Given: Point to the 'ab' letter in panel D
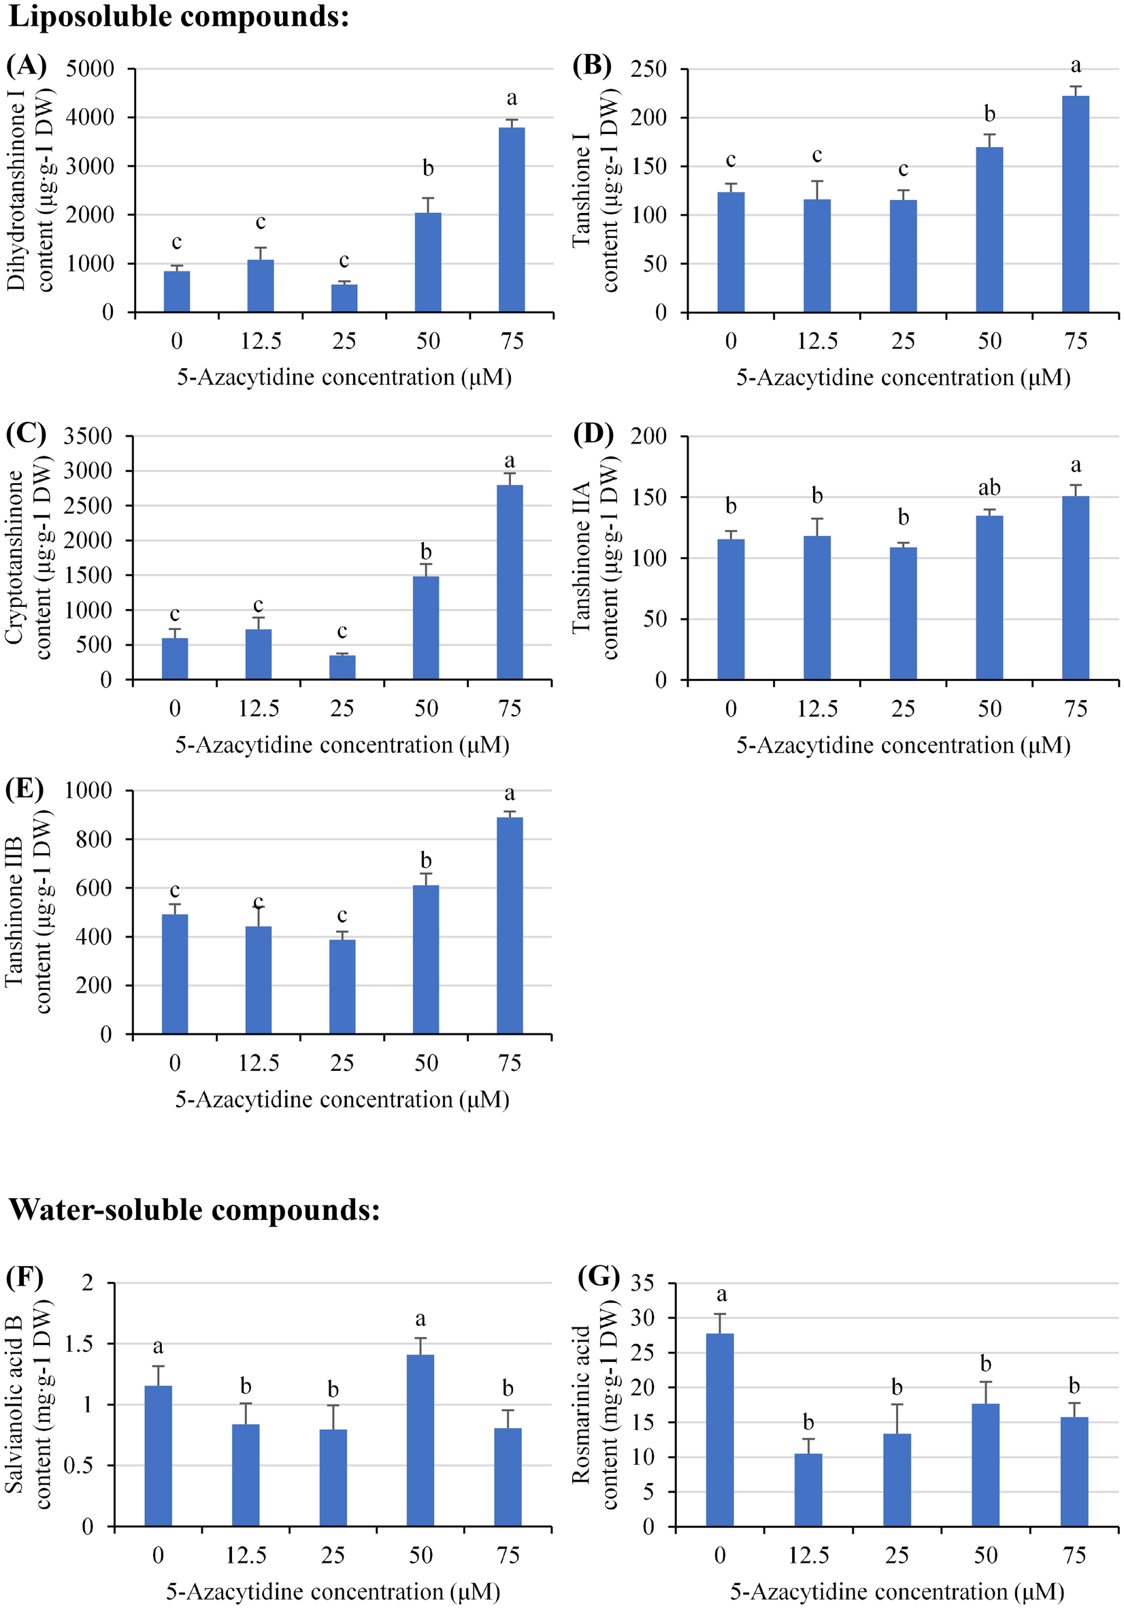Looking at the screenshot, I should click(989, 487).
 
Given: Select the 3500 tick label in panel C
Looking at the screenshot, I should click(88, 436).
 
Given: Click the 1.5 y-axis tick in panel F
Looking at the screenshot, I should click(78, 1344).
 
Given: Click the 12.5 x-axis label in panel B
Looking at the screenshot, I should click(817, 342).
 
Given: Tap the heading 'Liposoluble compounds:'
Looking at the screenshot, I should click(179, 17).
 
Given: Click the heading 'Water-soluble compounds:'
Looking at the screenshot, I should click(194, 1210).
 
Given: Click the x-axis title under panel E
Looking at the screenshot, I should click(342, 1099).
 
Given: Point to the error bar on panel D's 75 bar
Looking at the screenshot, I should click(1076, 490).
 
